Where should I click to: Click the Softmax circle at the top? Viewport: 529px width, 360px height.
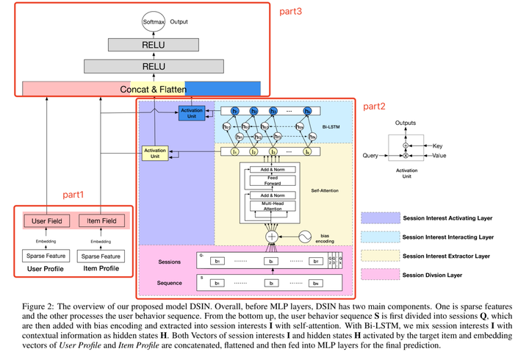152,21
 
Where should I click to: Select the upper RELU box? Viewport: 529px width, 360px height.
152,44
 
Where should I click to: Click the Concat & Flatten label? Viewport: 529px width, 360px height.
153,89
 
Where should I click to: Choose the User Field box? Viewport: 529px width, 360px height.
46,220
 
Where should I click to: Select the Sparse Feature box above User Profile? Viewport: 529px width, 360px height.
46,256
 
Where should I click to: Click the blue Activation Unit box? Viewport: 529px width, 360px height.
191,113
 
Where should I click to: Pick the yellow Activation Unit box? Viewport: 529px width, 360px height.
156,154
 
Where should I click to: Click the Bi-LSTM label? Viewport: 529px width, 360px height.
339,126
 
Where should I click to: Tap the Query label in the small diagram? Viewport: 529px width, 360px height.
371,156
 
